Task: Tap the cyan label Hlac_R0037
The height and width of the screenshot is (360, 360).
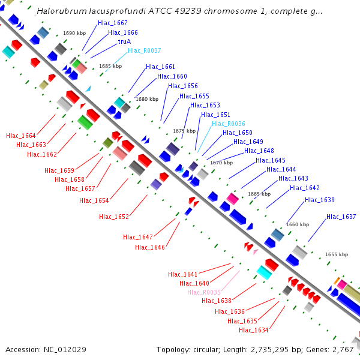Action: pos(144,51)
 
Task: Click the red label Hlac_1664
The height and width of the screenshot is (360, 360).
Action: pos(21,136)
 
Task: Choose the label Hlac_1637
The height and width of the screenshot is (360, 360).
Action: pos(341,217)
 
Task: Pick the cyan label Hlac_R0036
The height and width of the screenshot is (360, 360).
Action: pos(228,124)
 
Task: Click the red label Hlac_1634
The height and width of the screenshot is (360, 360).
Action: pos(254,330)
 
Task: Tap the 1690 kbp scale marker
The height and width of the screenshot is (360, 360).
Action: pos(74,34)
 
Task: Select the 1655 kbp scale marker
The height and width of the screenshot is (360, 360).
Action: pos(337,254)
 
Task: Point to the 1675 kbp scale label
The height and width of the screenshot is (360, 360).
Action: pos(184,130)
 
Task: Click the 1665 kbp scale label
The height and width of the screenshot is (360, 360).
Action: pos(259,194)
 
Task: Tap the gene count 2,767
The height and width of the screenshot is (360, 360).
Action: pos(343,349)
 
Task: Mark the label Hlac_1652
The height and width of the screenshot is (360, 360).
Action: pos(114,217)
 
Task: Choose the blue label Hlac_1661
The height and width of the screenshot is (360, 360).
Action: pos(160,67)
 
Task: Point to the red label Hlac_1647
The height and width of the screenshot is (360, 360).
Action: pos(138,237)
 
